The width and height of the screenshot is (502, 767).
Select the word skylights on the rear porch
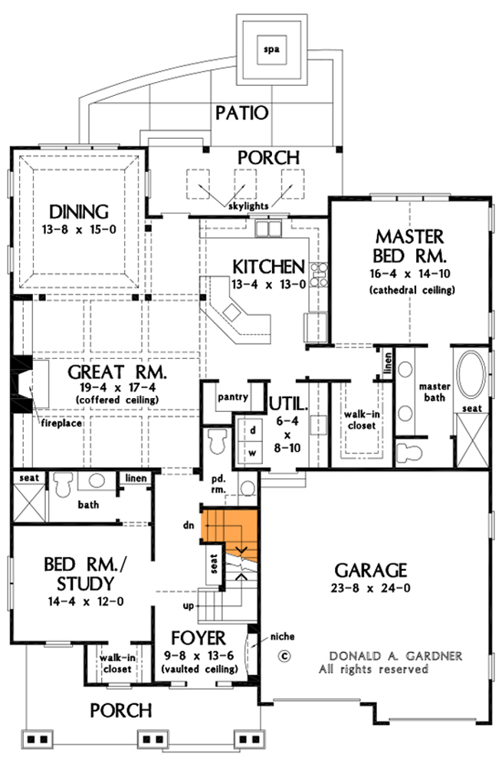coord(248,206)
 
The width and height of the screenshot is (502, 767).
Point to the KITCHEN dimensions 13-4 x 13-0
coord(268,284)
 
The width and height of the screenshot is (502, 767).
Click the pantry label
coord(231,398)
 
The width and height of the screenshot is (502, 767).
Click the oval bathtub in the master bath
coord(471,377)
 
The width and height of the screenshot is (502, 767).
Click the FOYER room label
coord(199,638)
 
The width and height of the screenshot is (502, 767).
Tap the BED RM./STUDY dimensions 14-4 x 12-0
coord(79,601)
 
